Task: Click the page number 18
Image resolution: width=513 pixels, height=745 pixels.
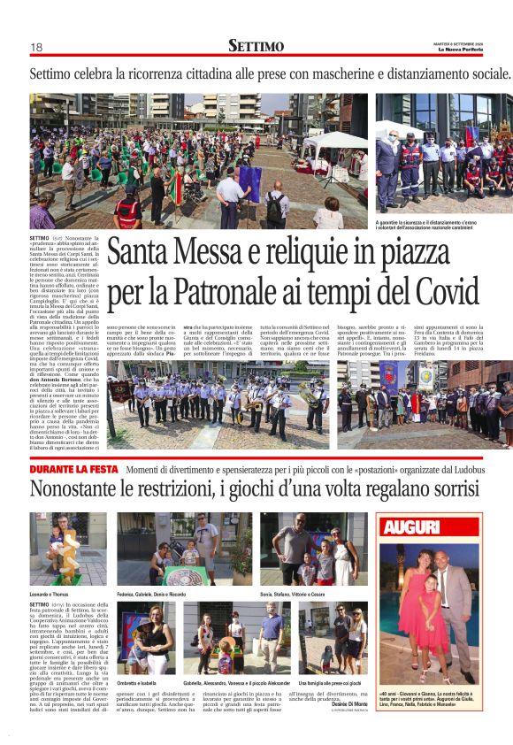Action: (36, 47)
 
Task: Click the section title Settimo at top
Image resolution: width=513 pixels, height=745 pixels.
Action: (256, 46)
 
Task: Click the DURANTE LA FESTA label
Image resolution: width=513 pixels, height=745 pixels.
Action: (74, 469)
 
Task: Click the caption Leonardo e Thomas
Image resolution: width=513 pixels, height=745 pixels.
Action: (50, 593)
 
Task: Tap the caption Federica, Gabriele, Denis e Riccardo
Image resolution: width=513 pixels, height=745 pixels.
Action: (158, 593)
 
